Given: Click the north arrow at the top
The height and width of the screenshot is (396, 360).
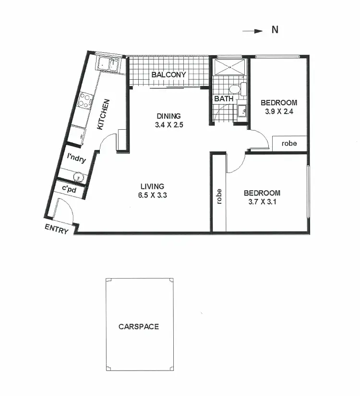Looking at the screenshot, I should pos(252,31).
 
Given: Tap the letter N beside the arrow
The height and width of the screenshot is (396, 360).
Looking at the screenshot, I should pos(275,30).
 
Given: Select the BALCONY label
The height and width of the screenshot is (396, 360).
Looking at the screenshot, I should pos(168,75).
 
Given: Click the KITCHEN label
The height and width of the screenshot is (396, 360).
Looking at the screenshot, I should pos(104,114).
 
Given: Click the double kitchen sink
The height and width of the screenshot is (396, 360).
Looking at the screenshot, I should pos(108,64).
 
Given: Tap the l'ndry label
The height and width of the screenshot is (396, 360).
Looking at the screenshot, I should pos(76,158).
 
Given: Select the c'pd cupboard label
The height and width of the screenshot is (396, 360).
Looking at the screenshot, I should pos(70,188).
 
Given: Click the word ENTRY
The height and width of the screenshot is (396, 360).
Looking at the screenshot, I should pos(57,229).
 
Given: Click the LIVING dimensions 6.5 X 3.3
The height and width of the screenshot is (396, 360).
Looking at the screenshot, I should pos(153,195).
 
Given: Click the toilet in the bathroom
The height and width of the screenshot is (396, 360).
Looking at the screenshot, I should pos(235,89).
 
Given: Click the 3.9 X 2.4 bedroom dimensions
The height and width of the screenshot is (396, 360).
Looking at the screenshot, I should pos(278,112).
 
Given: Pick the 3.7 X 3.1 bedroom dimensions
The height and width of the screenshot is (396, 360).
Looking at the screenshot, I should pos(262,202).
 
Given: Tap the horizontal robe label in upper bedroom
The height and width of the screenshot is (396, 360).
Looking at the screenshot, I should pos(289,143).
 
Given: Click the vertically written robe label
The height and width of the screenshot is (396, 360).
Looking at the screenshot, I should pos(219,197).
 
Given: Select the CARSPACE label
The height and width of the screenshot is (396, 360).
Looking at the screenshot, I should pos(139,327).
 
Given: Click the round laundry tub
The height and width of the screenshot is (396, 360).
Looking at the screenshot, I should pos(76,175).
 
